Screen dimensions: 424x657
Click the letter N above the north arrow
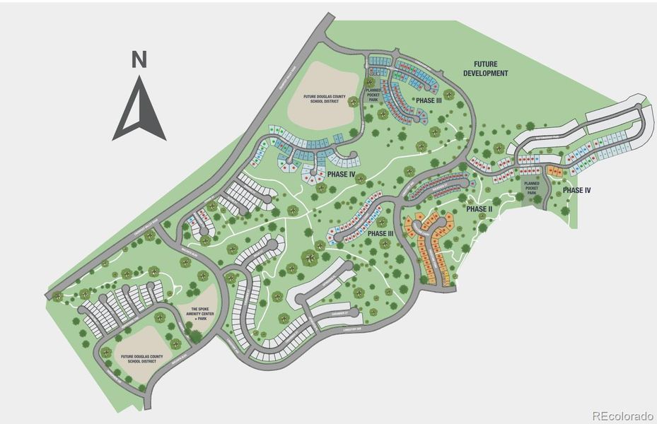tap(139, 59)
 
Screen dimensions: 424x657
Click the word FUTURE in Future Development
tap(486, 64)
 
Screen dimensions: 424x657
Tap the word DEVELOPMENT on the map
tap(486, 73)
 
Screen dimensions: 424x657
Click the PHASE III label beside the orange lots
tap(380, 234)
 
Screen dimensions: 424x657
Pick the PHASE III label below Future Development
tap(429, 101)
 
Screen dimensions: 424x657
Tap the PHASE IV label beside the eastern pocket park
tap(577, 190)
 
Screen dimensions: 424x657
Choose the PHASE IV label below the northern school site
tap(342, 174)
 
